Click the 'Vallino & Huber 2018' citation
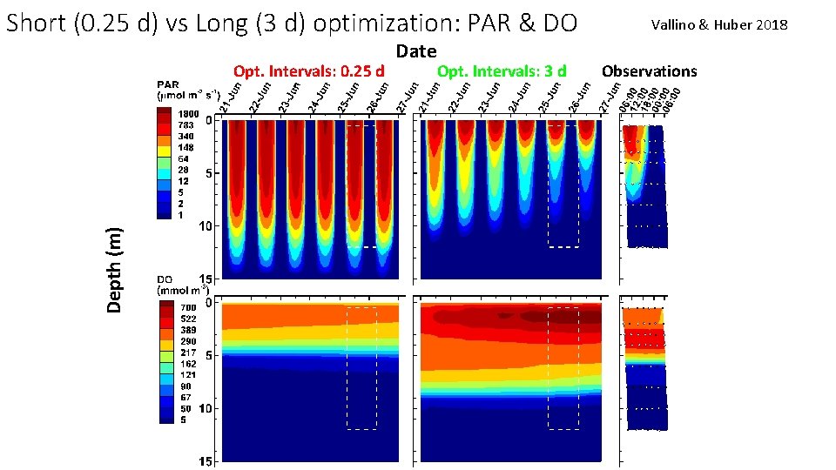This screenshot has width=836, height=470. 718,25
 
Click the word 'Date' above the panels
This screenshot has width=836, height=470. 415,52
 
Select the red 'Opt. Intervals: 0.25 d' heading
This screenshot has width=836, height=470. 309,71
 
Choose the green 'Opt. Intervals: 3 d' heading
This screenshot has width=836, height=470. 502,71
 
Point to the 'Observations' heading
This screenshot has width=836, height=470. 649,71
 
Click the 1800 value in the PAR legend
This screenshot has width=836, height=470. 189,114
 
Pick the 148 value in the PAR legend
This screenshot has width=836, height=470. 186,147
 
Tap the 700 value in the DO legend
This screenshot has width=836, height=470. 187,308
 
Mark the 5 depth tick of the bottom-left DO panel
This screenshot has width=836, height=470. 210,356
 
